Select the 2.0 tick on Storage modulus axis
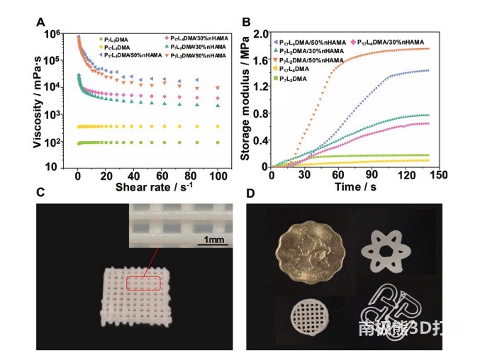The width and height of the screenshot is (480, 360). pos(262,33)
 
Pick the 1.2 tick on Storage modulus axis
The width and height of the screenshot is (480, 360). pos(262,86)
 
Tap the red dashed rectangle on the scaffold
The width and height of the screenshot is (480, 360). pos(145,283)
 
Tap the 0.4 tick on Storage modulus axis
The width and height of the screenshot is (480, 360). pos(262,140)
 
